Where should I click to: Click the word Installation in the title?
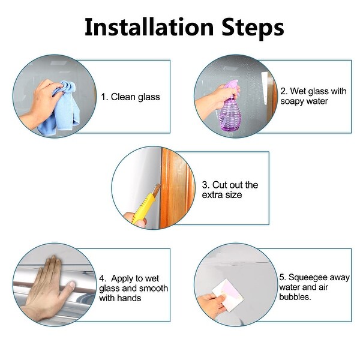pyautogui.click(x=149, y=27)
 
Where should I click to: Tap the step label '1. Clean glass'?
pyautogui.click(x=130, y=97)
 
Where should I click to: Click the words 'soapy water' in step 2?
pyautogui.click(x=304, y=101)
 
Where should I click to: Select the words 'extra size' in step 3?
pyautogui.click(x=222, y=195)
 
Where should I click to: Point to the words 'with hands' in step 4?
pyautogui.click(x=120, y=298)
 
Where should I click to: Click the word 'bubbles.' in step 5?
pyautogui.click(x=295, y=297)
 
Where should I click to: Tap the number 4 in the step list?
pyautogui.click(x=102, y=279)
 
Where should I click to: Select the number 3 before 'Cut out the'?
pyautogui.click(x=205, y=185)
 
